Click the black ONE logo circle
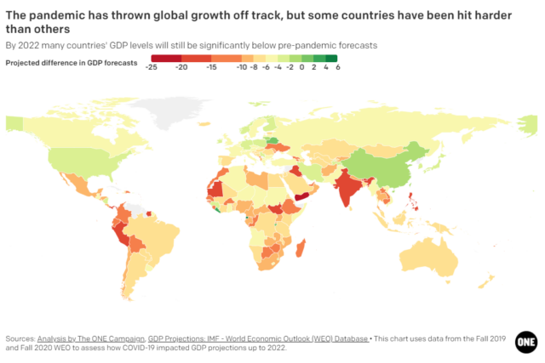[x=525, y=340]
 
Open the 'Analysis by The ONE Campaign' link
[x=90, y=337]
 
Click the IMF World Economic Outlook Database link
[x=258, y=337]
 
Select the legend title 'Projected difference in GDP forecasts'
[x=72, y=62]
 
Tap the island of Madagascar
[x=301, y=247]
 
